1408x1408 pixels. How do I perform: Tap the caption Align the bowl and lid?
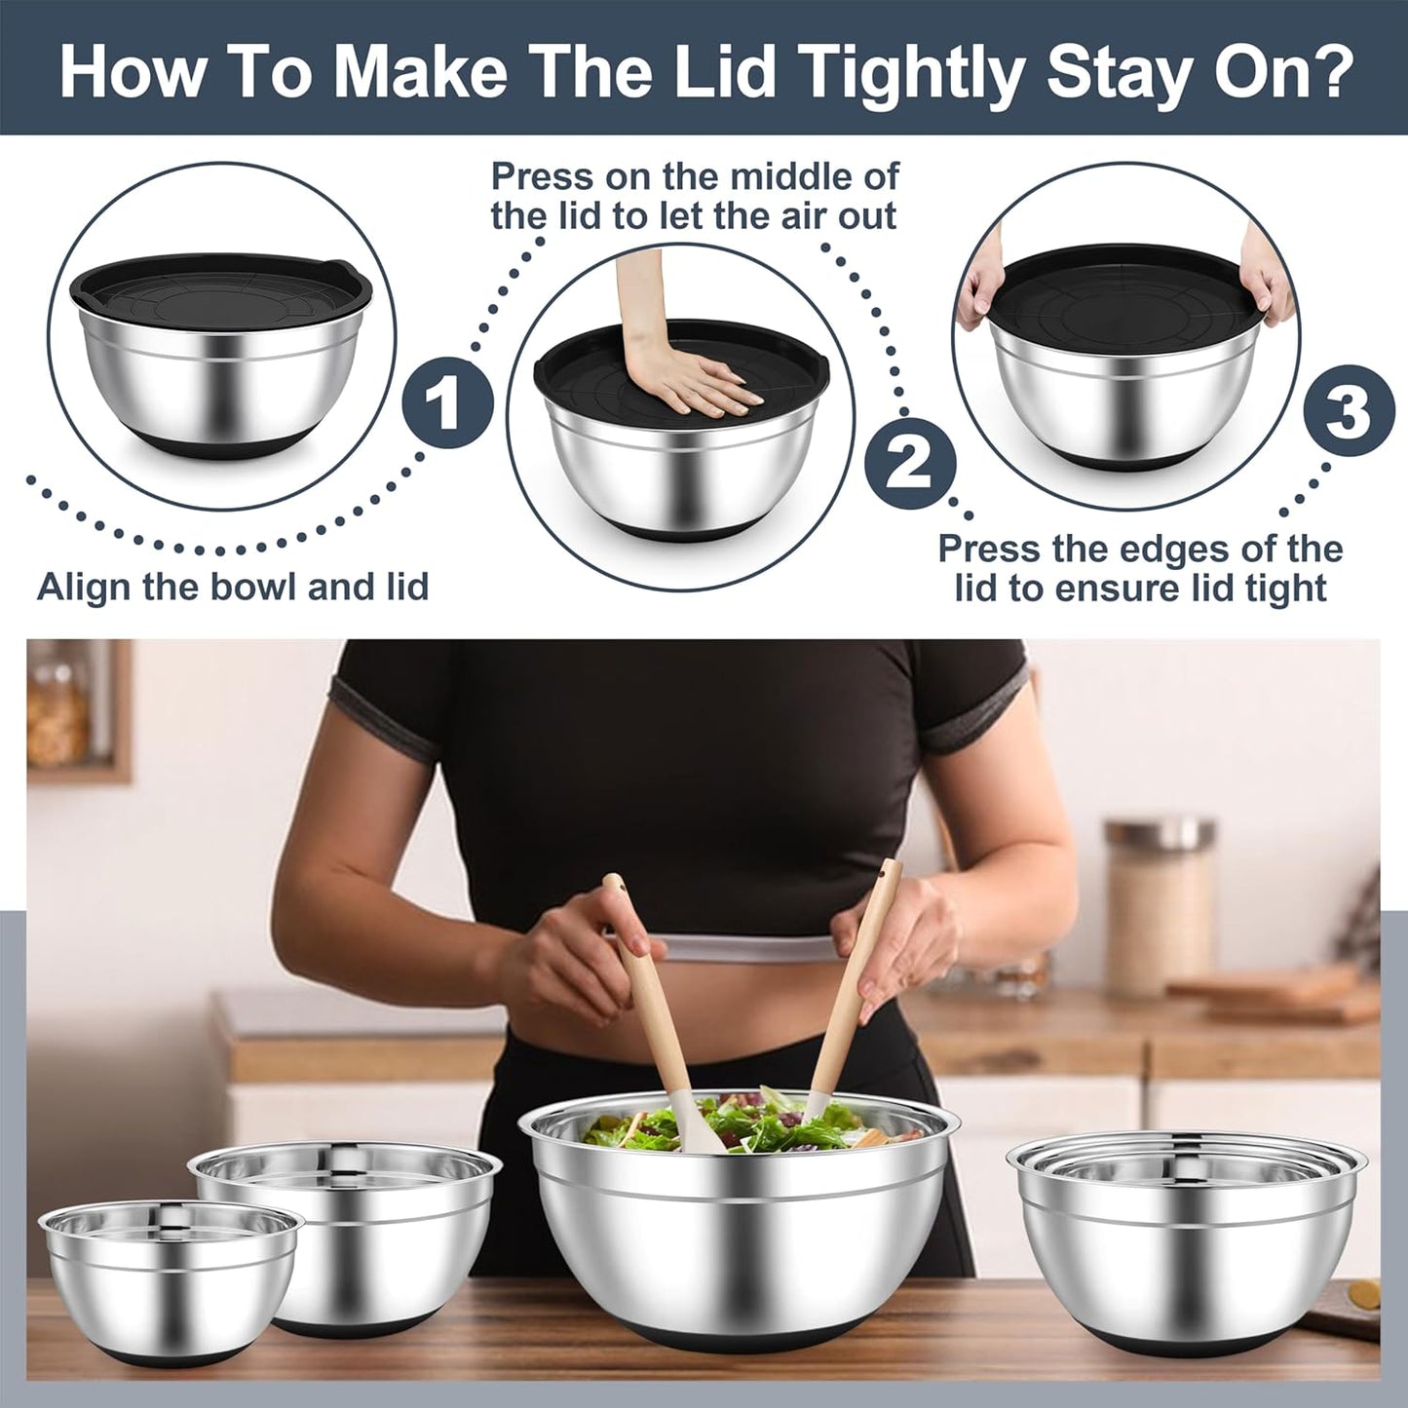coord(233,588)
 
